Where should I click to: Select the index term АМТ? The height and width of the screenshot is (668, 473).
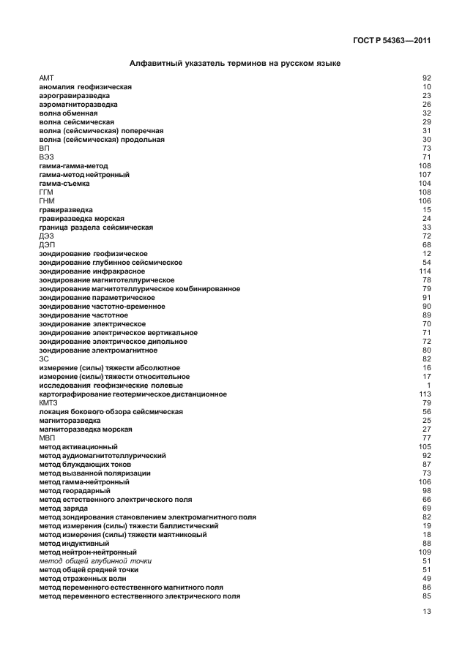[x=46, y=78]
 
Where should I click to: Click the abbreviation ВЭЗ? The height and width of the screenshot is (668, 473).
[x=46, y=157]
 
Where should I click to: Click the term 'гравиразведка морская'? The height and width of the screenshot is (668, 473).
[x=81, y=219]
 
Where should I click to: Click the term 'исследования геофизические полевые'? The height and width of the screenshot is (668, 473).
[x=111, y=386]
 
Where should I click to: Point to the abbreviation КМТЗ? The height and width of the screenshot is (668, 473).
[x=48, y=403]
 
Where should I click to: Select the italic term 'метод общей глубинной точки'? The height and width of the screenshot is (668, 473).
[x=94, y=561]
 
